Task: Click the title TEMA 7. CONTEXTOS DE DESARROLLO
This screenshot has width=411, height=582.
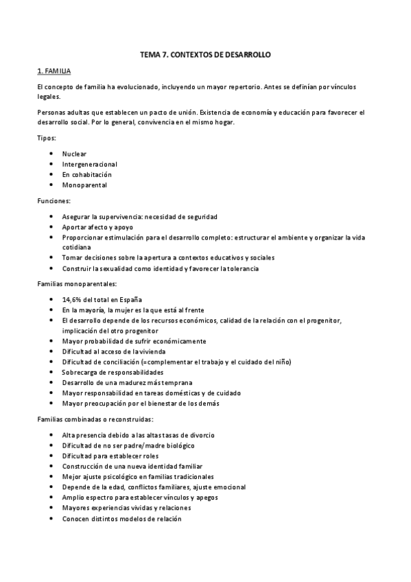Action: (x=205, y=54)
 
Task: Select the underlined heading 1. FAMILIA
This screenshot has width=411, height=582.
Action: (x=54, y=71)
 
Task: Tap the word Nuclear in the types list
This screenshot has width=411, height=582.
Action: (x=74, y=154)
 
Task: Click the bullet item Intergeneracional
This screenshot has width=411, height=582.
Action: (x=89, y=164)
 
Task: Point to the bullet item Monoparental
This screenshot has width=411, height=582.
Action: (x=84, y=185)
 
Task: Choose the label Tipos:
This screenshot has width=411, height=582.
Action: (x=47, y=138)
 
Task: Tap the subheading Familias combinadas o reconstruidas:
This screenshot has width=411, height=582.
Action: (x=95, y=418)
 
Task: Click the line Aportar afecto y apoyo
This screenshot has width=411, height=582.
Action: (x=97, y=226)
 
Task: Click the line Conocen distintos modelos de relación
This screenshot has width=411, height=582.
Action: (x=121, y=520)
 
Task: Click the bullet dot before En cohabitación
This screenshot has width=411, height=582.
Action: (x=52, y=174)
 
